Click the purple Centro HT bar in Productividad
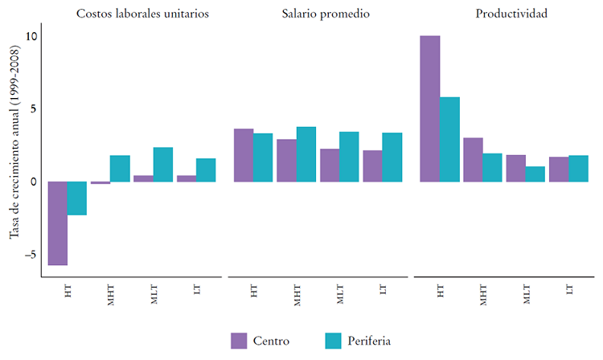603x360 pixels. (x=430, y=108)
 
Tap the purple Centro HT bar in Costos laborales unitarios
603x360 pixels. (x=57, y=223)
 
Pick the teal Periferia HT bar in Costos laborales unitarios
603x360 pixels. (x=76, y=198)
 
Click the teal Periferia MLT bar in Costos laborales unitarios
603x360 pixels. (x=163, y=165)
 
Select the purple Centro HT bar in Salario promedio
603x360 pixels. (x=244, y=155)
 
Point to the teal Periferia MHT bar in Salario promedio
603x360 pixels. (x=306, y=154)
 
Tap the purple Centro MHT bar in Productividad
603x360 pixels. (x=473, y=160)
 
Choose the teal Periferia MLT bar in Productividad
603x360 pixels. (x=535, y=174)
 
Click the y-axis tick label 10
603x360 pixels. (x=31, y=36)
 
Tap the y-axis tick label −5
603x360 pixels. (x=31, y=255)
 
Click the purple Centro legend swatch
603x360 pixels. (x=239, y=341)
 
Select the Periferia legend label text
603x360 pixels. (x=369, y=341)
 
